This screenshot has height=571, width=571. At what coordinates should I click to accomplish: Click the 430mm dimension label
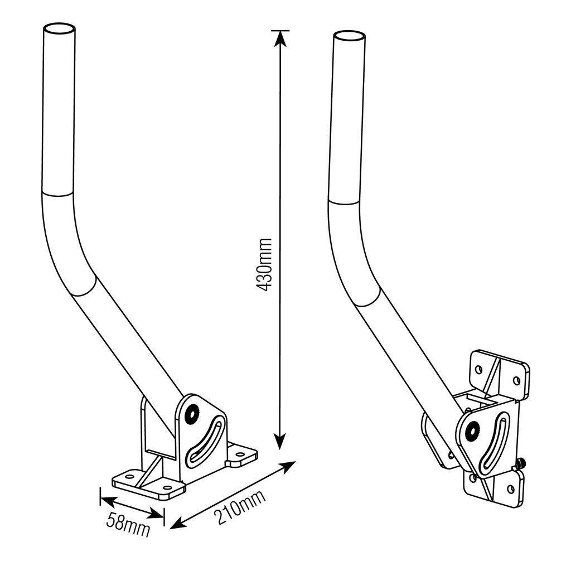coord(264,265)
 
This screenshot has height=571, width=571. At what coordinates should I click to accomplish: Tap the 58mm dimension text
coord(128,525)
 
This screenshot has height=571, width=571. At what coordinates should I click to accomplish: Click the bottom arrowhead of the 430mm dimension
coord(280,442)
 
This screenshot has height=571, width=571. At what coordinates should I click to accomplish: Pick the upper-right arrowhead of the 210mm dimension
coord(288,467)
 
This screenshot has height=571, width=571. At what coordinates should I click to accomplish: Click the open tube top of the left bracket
coord(60,30)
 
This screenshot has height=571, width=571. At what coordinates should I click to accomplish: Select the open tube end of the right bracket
coord(349,37)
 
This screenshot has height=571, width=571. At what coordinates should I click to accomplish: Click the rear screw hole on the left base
coord(240,454)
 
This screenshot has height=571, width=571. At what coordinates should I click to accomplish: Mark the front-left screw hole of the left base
coord(129,476)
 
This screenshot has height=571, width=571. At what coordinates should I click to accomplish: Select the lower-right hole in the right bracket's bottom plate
coord(510,490)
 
